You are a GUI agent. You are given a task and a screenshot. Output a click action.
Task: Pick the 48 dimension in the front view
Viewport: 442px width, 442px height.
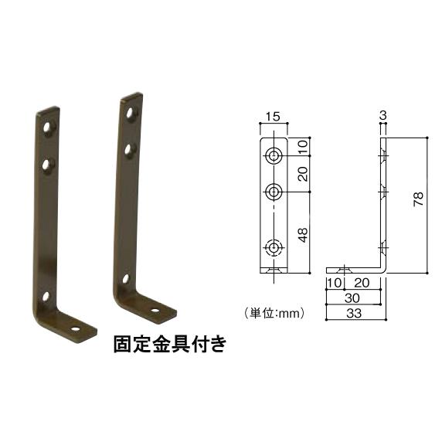click(x=303, y=234)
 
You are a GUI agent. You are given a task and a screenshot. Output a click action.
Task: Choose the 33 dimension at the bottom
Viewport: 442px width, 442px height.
click(x=353, y=314)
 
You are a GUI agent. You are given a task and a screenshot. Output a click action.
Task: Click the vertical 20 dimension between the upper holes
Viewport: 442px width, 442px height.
click(x=303, y=175)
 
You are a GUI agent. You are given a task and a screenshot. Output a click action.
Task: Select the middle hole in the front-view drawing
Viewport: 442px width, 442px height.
click(x=274, y=191)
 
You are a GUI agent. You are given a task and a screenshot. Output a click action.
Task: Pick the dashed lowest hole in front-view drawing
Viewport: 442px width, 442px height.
click(x=274, y=247)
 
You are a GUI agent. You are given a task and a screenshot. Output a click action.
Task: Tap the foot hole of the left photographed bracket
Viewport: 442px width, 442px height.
click(x=76, y=328)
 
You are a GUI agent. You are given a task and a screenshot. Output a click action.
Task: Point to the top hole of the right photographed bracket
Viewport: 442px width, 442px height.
click(x=131, y=111)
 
